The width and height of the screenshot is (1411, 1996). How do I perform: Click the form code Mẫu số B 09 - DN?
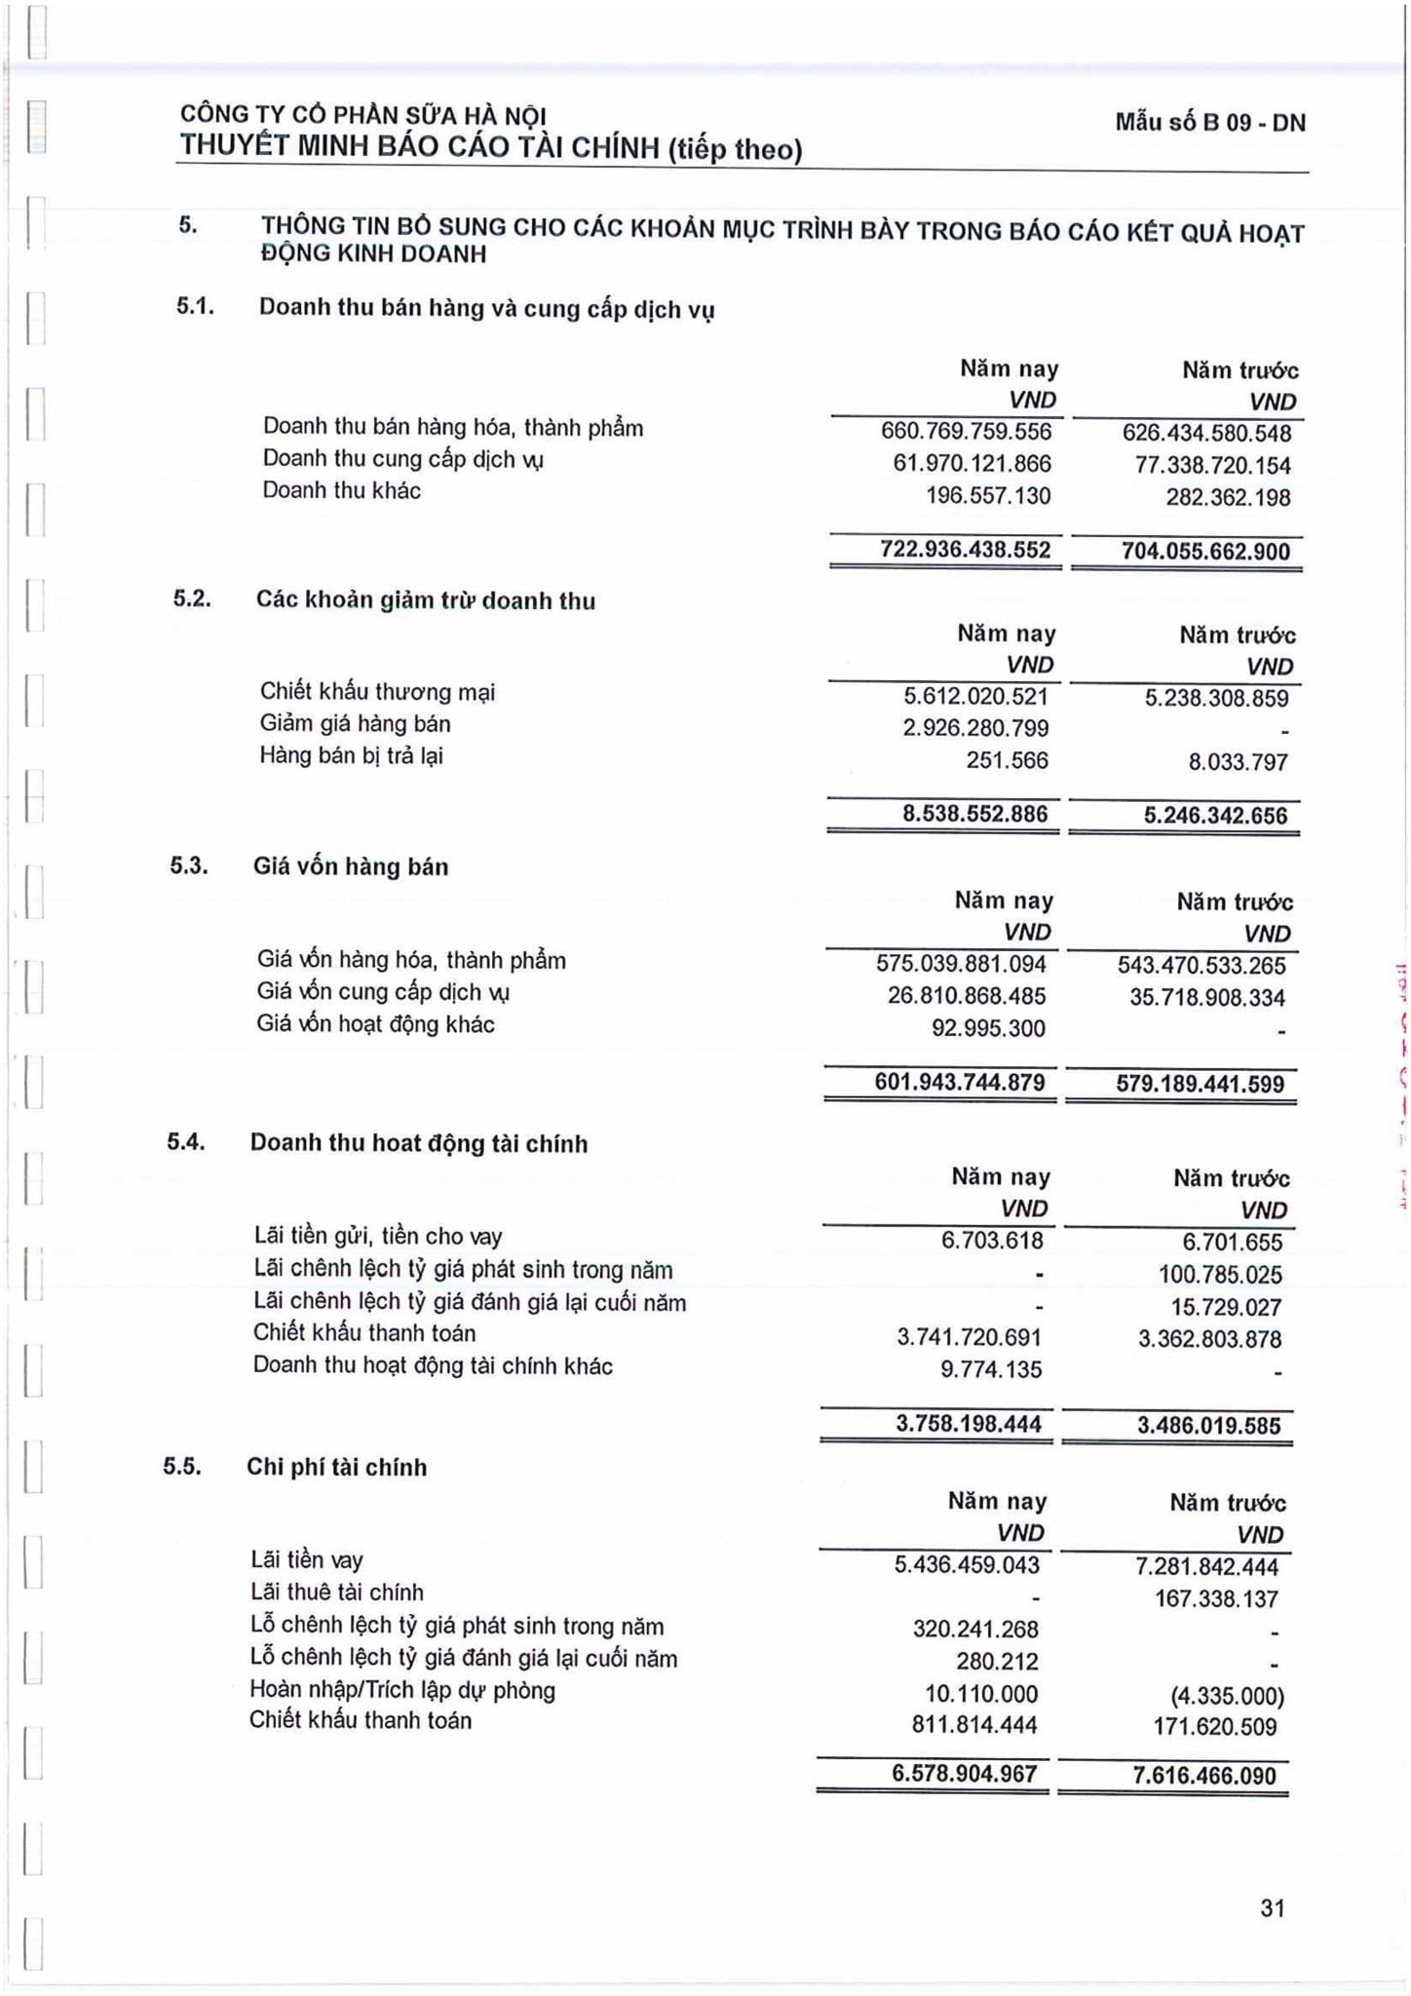(1210, 123)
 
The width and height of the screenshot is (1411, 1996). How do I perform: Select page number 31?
(1272, 1907)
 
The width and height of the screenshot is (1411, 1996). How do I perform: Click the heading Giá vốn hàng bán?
(351, 866)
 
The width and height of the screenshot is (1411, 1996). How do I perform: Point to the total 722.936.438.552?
(965, 550)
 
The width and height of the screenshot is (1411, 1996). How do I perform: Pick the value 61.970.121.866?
(972, 464)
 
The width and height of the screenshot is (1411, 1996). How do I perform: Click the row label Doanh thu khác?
(341, 490)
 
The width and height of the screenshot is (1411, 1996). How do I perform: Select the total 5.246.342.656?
(1215, 816)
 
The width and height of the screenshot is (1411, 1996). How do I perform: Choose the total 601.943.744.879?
(960, 1082)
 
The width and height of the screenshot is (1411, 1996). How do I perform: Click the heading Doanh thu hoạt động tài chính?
(419, 1143)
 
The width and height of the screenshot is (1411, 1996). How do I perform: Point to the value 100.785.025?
(1220, 1275)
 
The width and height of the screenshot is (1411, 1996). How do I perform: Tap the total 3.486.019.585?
(1208, 1426)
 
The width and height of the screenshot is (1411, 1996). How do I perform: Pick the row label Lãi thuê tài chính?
(336, 1593)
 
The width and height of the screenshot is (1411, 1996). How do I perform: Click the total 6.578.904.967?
(965, 1773)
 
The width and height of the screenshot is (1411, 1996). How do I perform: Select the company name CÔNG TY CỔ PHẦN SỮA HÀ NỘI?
(362, 115)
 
